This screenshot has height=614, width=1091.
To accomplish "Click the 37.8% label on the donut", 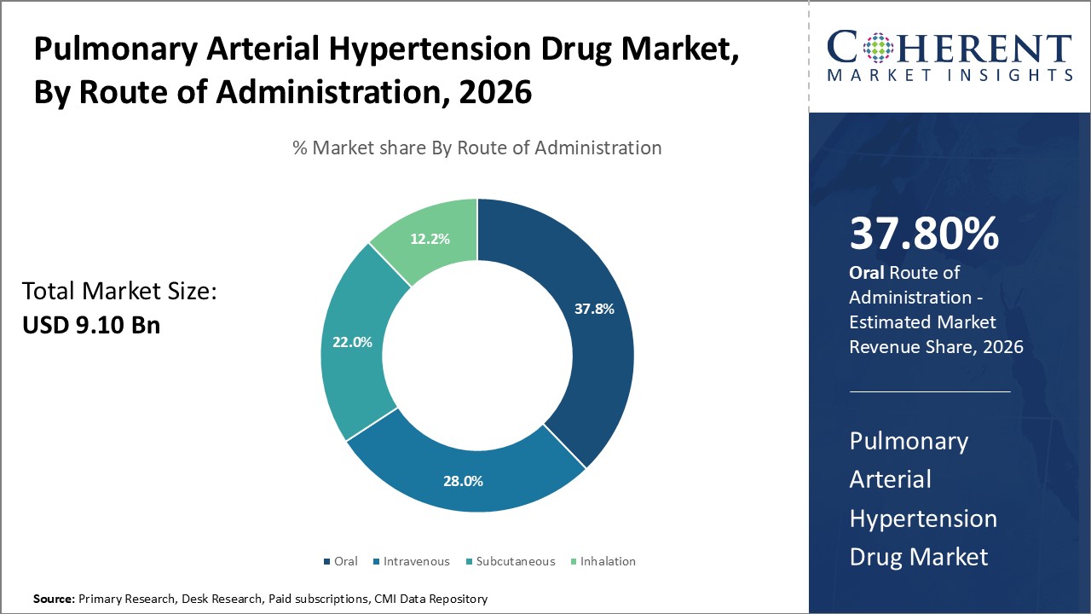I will (x=594, y=310).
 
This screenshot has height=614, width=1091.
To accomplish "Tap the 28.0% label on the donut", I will (x=463, y=481).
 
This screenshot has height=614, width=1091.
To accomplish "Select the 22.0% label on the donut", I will (x=352, y=342).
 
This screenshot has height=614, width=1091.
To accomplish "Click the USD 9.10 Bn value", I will (x=91, y=325).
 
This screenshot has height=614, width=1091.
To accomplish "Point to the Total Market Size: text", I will (x=120, y=292).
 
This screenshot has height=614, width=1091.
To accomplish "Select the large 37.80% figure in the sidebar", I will (x=924, y=234).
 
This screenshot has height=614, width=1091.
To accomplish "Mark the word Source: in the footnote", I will (x=54, y=600).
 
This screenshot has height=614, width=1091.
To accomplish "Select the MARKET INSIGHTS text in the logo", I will (x=948, y=76).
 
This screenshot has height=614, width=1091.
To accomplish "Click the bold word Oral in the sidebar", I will (x=868, y=273).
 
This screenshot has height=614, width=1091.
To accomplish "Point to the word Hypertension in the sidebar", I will (x=923, y=518).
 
